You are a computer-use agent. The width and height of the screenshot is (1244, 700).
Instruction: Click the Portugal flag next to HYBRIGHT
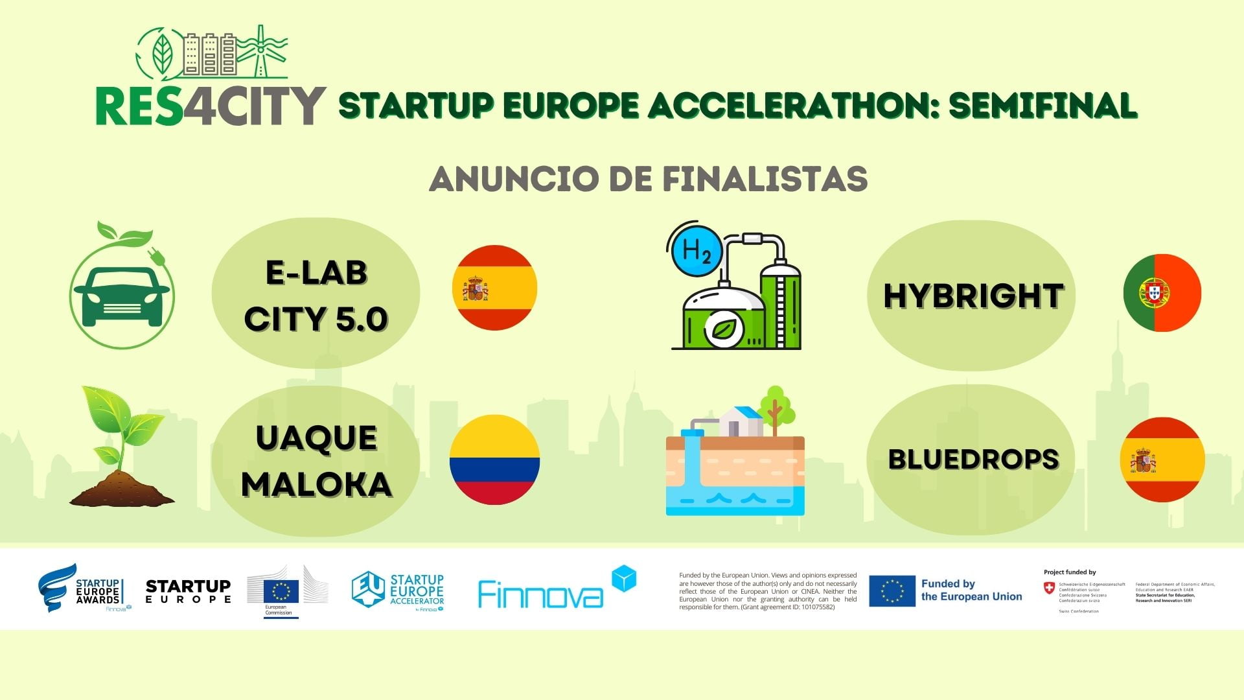[x=1162, y=293]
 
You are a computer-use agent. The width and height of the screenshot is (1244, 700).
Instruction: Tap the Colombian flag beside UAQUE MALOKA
[x=494, y=460]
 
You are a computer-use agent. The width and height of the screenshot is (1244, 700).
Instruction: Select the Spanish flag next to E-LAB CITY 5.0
[x=494, y=287]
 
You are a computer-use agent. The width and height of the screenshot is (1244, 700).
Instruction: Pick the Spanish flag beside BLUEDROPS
[x=1162, y=460]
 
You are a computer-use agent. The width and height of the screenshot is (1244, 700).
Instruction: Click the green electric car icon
[x=122, y=295]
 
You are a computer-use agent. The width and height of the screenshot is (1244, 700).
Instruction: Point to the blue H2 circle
[x=696, y=250]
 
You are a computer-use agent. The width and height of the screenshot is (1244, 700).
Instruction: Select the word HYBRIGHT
[x=972, y=296]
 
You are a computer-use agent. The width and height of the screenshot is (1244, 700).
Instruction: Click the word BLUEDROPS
[x=973, y=460]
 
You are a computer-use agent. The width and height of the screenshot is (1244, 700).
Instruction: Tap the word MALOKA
[x=316, y=484]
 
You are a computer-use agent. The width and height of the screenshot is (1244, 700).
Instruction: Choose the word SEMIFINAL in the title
[x=1042, y=106]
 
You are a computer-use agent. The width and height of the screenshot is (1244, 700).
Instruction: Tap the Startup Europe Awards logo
[x=80, y=589]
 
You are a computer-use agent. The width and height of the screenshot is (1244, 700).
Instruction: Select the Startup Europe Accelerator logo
[x=398, y=590]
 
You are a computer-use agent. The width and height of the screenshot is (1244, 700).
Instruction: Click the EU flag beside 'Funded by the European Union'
[x=892, y=590]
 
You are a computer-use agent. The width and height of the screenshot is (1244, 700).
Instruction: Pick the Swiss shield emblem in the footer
[x=1049, y=587]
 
